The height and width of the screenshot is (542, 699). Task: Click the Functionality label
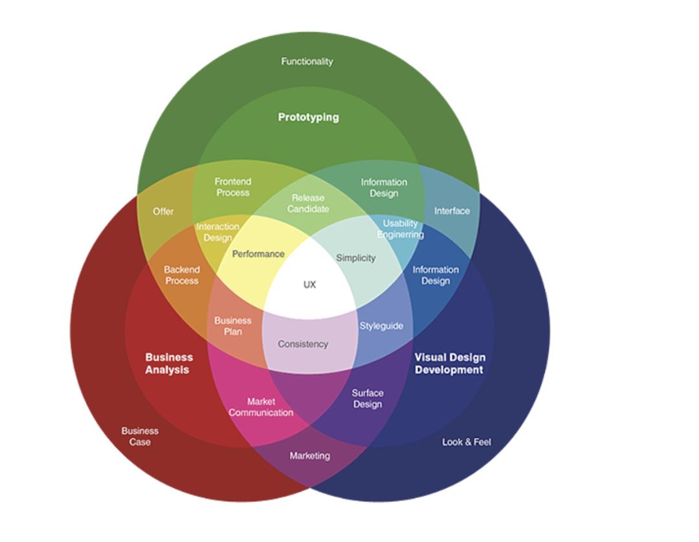307,61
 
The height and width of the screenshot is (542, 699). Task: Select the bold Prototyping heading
308,117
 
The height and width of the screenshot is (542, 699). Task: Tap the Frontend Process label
233,187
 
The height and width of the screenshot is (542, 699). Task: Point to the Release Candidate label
308,203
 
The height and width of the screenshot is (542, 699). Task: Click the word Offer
163,211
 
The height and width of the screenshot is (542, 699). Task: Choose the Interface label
452,211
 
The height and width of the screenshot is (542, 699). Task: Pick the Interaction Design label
217,232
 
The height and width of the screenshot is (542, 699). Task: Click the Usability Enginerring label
400,229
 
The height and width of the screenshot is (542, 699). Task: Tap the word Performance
258,254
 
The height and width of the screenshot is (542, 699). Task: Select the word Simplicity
355,258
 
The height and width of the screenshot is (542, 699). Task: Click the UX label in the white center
309,285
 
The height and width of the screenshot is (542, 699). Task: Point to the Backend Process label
182,275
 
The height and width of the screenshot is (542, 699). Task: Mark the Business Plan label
233,326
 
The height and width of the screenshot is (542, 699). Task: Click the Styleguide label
381,326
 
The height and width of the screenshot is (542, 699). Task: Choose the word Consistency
303,344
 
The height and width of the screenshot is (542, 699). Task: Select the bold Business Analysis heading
168,363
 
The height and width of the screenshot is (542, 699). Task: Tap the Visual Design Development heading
449,363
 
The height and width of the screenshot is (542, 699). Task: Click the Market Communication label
261,407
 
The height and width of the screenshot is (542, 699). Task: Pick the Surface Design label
368,398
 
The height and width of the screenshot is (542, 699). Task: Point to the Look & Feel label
466,442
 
